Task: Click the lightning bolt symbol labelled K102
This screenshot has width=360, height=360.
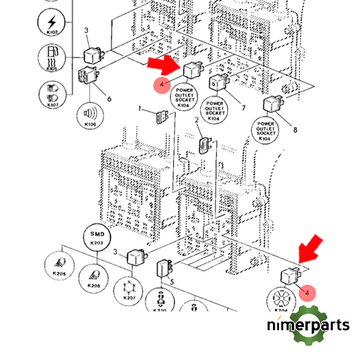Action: [x=52, y=25]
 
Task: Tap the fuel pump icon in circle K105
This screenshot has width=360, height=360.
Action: [x=52, y=59]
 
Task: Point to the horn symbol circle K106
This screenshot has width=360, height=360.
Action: [x=90, y=116]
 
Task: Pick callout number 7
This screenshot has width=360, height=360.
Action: [x=244, y=108]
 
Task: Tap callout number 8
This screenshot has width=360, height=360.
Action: [x=295, y=129]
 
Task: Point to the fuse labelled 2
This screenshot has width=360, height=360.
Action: [x=205, y=145]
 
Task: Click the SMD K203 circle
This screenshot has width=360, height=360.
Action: [x=97, y=237]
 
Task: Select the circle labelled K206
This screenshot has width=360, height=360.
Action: [x=93, y=278]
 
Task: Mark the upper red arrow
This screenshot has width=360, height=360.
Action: [x=164, y=65]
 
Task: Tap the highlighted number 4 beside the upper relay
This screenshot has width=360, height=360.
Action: [x=162, y=85]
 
